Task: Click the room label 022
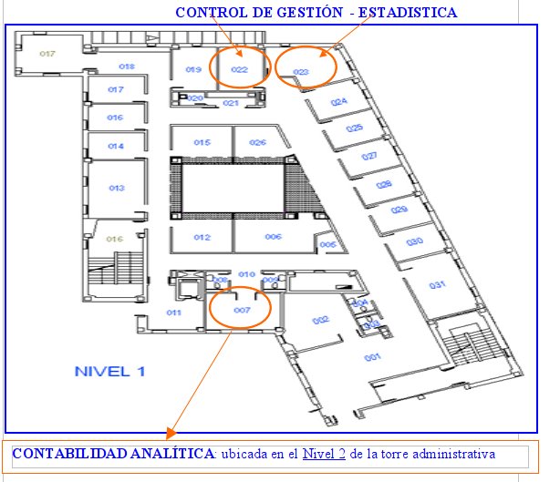point(239,69)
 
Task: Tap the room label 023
point(301,72)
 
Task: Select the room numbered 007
point(242,311)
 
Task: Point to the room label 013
point(116,188)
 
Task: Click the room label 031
point(438,286)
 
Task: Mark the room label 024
point(339,102)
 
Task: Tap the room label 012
point(202,237)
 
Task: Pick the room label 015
point(202,142)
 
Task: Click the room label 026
point(258,142)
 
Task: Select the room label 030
point(414,241)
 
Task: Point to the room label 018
point(127,67)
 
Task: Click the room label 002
point(320,320)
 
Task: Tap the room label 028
point(384,184)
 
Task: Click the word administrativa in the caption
point(452,453)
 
